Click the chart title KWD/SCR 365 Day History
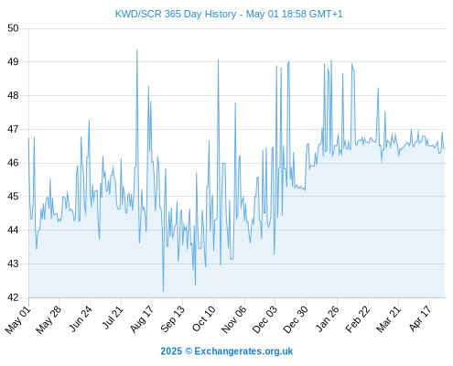[x=176, y=14]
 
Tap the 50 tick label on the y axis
[x=13, y=28]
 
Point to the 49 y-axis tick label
[x=13, y=62]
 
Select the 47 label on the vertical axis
[x=13, y=129]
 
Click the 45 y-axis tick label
[x=13, y=197]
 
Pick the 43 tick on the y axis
[x=13, y=264]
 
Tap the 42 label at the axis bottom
[x=13, y=297]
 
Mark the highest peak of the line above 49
[x=137, y=49]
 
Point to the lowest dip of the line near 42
[x=163, y=292]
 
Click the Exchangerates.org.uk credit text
[x=243, y=351]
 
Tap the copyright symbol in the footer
[x=189, y=351]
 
